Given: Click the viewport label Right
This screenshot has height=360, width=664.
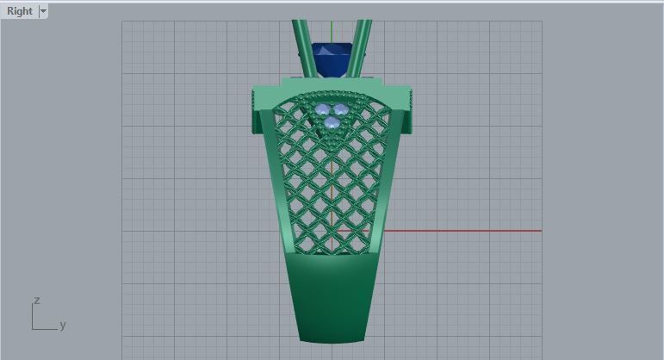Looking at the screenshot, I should pyautogui.click(x=19, y=11).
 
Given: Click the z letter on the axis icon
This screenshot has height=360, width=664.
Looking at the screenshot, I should pyautogui.click(x=37, y=301).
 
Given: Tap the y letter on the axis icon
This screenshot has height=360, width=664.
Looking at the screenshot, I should pyautogui.click(x=63, y=325).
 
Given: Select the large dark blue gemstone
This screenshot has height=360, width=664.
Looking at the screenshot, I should pyautogui.click(x=332, y=58).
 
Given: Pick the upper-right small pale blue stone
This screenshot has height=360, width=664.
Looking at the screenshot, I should pyautogui.click(x=340, y=109).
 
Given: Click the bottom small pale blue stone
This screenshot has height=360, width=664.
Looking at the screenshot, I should pyautogui.click(x=332, y=123).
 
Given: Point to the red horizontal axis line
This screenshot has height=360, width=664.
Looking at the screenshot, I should pyautogui.click(x=465, y=231).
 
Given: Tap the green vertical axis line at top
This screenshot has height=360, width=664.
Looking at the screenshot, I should pyautogui.click(x=332, y=30).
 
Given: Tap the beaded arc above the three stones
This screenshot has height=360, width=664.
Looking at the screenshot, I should pyautogui.click(x=332, y=92).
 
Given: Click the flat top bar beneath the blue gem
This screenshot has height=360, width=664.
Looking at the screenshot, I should pyautogui.click(x=332, y=82).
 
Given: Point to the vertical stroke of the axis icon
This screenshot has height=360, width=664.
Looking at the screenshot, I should pyautogui.click(x=33, y=316).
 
